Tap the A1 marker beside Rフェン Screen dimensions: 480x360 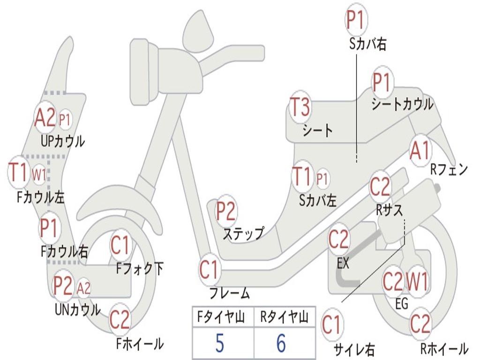click(x=420, y=150)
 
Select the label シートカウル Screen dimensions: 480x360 click(x=402, y=105)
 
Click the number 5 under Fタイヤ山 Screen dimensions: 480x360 click(x=219, y=343)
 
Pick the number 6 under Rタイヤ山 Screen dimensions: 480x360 click(x=281, y=343)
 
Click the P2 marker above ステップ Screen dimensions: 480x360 click(x=225, y=211)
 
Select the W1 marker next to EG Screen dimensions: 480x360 click(x=417, y=282)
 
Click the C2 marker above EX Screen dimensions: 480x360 click(x=338, y=240)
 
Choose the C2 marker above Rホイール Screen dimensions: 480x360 click(x=420, y=323)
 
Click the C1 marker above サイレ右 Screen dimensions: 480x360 click(x=331, y=325)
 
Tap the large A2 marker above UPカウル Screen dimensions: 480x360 click(x=45, y=118)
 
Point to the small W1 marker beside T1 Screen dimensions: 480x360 click(x=39, y=175)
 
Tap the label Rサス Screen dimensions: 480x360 click(x=389, y=210)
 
